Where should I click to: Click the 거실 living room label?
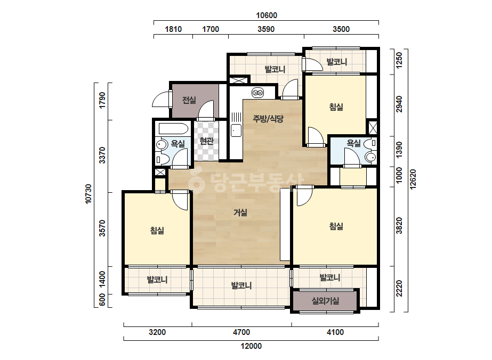[240, 212]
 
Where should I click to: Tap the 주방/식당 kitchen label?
[268, 119]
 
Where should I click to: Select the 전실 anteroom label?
[189, 100]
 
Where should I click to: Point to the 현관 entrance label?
[206, 141]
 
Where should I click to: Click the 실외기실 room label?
[325, 301]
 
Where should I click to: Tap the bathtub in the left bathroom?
[174, 129]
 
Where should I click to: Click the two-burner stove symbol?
[257, 93]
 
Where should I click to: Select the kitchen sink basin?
[236, 130]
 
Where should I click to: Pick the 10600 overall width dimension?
[267, 15]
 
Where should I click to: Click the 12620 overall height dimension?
[413, 179]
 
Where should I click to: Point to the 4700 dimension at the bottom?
[241, 332]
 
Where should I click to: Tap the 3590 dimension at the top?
[266, 29]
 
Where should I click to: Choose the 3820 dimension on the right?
[399, 225]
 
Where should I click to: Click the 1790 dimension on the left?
[102, 100]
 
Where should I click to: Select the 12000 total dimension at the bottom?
[251, 346]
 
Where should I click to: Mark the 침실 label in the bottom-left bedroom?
[157, 231]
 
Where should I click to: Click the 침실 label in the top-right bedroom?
[336, 107]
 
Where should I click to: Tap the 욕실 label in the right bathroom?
[353, 143]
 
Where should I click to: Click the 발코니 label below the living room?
[241, 285]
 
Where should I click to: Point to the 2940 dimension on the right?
[399, 104]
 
